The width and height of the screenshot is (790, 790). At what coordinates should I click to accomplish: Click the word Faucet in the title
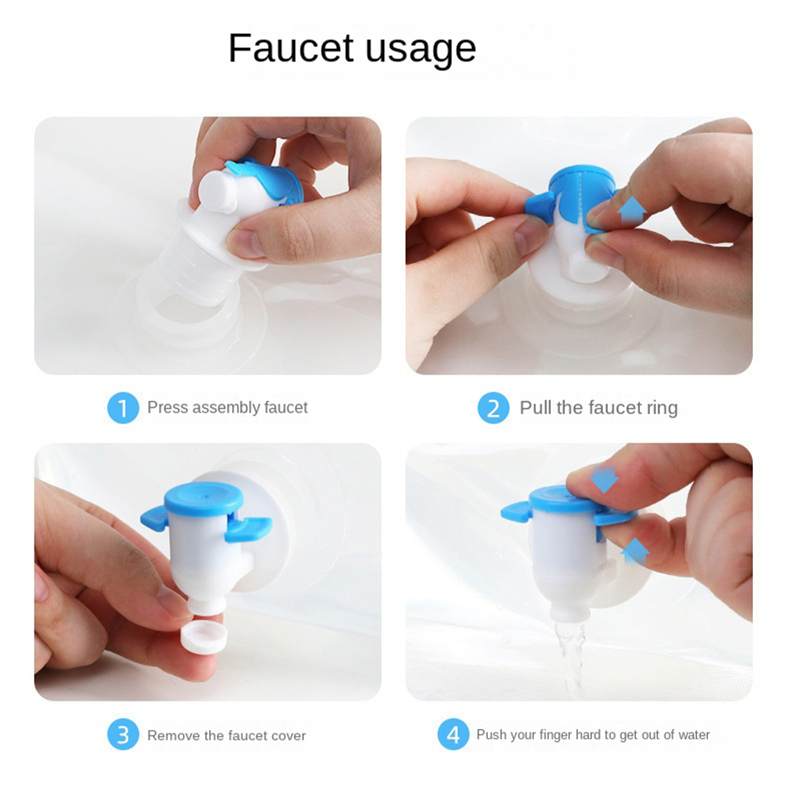click(291, 48)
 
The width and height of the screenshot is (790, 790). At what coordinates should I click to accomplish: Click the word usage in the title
click(421, 51)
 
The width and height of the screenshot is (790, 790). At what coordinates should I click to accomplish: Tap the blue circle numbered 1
click(123, 407)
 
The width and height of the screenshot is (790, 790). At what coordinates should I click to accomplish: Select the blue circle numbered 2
click(493, 407)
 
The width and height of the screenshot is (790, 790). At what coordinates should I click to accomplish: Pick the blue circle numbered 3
click(123, 735)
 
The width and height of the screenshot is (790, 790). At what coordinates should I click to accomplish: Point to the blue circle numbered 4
click(454, 735)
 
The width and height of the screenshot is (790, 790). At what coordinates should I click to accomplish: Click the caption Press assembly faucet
click(227, 407)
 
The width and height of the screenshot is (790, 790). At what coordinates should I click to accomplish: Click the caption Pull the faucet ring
click(598, 407)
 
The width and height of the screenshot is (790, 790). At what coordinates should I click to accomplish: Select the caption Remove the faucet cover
click(227, 736)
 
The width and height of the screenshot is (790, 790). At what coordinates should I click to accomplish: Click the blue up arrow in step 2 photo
click(632, 210)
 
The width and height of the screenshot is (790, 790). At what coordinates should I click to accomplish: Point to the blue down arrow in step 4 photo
click(604, 480)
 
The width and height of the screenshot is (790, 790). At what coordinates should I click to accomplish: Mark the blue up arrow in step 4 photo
click(635, 551)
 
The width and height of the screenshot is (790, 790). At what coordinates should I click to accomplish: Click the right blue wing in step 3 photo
click(248, 529)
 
